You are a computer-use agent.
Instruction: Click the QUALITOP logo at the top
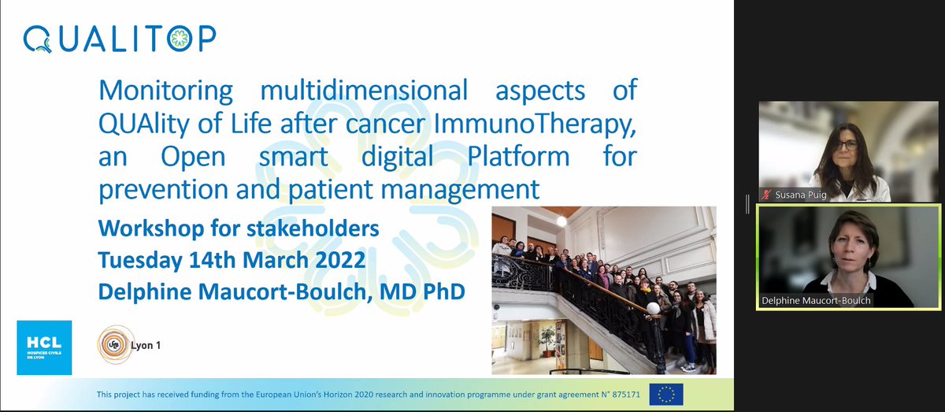tap(120, 38)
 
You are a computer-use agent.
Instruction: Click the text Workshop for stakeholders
tap(238, 228)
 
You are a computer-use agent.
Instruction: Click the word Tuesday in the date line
tap(143, 259)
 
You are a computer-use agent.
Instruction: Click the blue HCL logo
tap(44, 347)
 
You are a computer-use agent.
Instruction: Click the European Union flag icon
tap(666, 394)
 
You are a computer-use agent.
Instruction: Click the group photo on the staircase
tap(604, 290)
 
